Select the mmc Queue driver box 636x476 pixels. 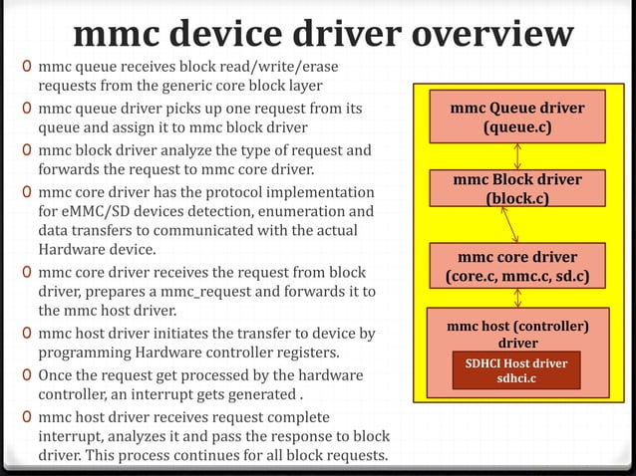click(x=517, y=118)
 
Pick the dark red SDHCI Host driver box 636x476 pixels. click(x=515, y=369)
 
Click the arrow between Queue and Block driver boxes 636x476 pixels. click(x=517, y=156)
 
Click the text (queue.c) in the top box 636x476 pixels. click(x=517, y=127)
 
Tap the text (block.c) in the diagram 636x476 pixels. click(x=517, y=198)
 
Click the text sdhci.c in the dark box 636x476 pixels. click(x=516, y=378)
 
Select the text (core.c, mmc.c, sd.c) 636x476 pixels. click(x=517, y=276)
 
